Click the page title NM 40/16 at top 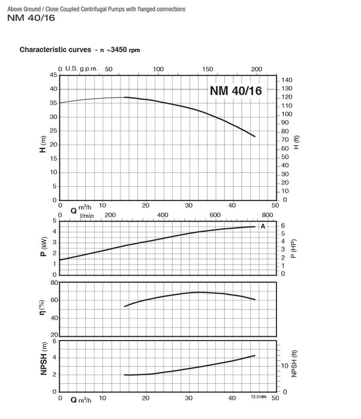click(x=31, y=18)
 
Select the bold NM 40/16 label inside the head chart click(x=236, y=90)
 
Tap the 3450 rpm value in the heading click(x=125, y=50)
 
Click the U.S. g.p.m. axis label click(x=82, y=68)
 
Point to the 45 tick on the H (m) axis click(x=53, y=75)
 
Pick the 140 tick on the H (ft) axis click(x=287, y=80)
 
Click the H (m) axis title click(x=43, y=144)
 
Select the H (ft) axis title click(x=296, y=142)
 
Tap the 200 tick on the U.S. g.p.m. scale click(x=256, y=69)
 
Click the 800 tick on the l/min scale click(x=267, y=215)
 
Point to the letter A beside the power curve click(x=263, y=226)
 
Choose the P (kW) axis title click(x=43, y=247)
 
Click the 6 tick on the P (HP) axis click(x=283, y=226)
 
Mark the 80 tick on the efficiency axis click(x=55, y=283)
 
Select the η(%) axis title click(x=43, y=307)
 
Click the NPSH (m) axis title click(x=44, y=359)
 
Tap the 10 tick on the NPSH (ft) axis click(x=284, y=366)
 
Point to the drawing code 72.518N click(x=258, y=396)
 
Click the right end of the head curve click(x=255, y=136)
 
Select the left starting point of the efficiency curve click(x=125, y=306)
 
